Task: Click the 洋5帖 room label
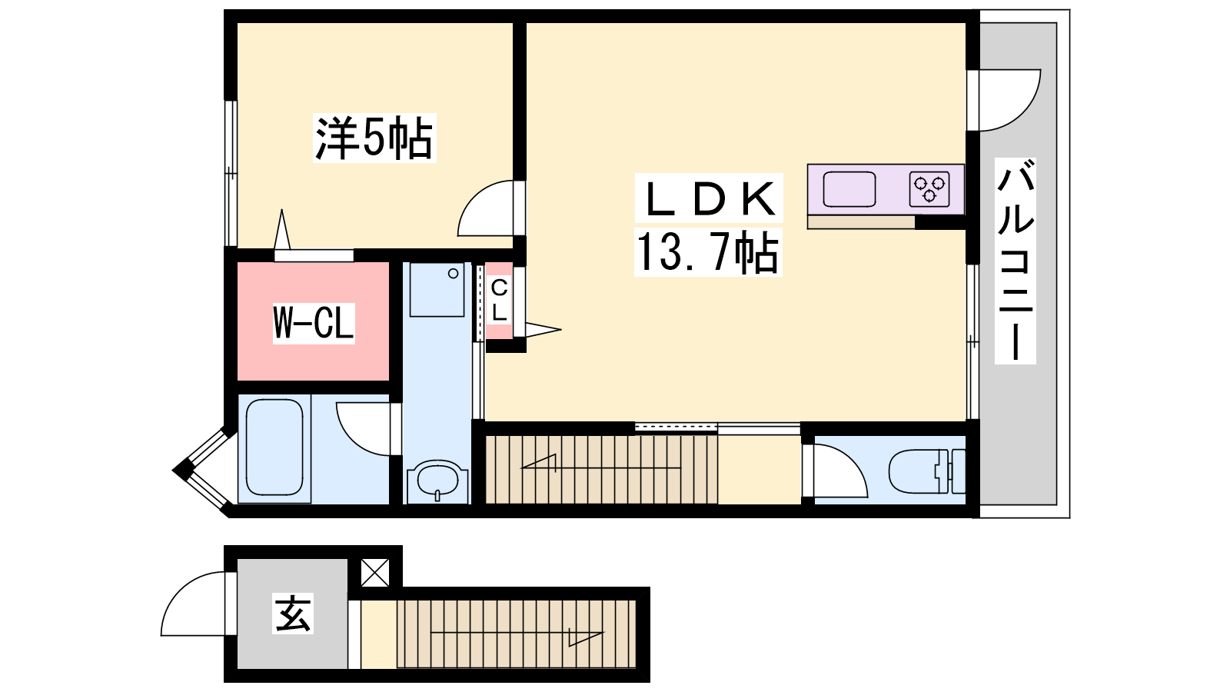(x=374, y=138)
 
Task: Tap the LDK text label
(x=709, y=198)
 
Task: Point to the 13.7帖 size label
(x=708, y=252)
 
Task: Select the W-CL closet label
(x=314, y=324)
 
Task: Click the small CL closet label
(x=499, y=301)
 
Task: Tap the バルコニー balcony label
(x=1016, y=261)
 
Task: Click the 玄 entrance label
(x=293, y=614)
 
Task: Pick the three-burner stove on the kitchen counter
(x=929, y=189)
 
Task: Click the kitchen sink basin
(x=849, y=189)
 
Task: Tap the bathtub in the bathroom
(x=274, y=447)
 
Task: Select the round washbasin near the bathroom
(x=437, y=478)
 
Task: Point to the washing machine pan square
(x=437, y=290)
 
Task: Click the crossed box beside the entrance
(x=375, y=572)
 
